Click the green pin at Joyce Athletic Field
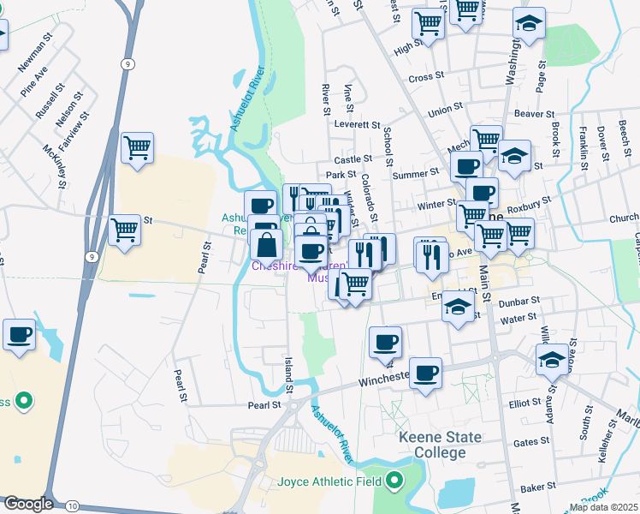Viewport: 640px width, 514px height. click(394, 481)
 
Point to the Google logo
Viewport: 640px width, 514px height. click(27, 504)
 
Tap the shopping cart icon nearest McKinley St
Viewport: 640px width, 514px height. click(137, 148)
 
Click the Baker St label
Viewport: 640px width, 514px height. click(538, 487)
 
